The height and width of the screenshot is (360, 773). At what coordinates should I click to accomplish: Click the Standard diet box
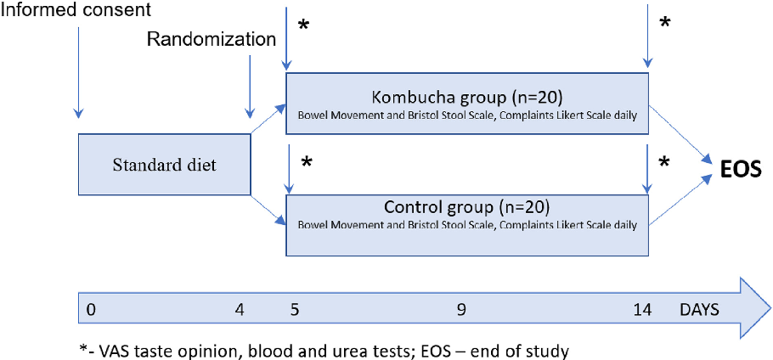tap(165, 165)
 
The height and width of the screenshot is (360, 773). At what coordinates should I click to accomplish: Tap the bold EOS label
tap(741, 168)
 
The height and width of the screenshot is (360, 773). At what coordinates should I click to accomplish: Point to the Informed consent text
tap(76, 12)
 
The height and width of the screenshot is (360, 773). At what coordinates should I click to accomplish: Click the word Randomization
tap(212, 39)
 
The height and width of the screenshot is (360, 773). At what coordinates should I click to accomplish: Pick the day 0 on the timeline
tap(91, 310)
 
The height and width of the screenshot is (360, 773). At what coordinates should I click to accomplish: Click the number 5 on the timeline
tap(293, 310)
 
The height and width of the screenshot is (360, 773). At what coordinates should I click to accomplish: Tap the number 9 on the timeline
tap(460, 310)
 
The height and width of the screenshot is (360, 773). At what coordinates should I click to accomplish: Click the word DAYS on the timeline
tap(698, 310)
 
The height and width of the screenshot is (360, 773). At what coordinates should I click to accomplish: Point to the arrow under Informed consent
tap(78, 73)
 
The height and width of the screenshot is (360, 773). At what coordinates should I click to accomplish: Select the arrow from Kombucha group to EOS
tap(681, 134)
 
